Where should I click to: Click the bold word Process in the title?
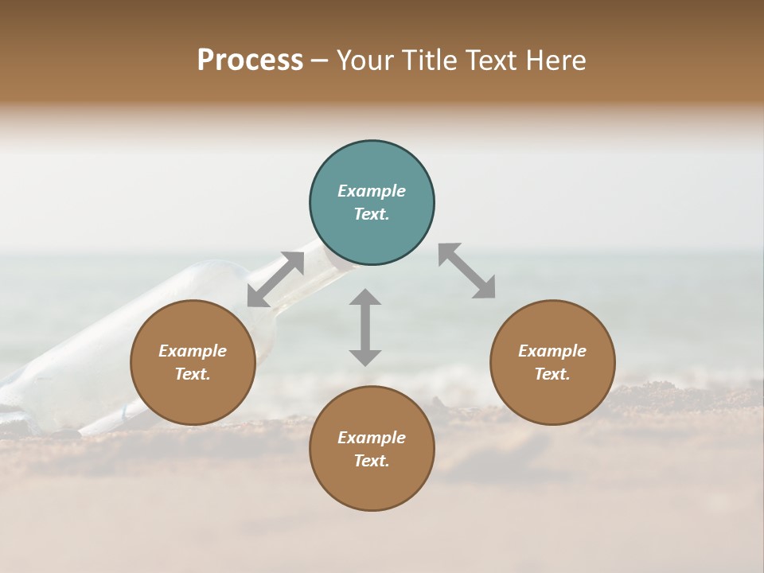tap(250, 60)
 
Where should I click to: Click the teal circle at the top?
tap(372, 202)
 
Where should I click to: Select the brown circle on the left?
tap(193, 362)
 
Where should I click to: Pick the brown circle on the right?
tap(552, 362)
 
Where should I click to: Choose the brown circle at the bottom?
tap(372, 448)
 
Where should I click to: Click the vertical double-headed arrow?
tap(365, 327)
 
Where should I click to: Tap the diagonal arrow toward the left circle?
tap(275, 279)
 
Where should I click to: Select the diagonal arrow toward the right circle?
tap(467, 271)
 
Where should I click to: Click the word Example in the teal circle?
tap(372, 191)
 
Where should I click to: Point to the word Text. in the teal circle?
tap(372, 214)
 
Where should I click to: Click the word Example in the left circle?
tap(193, 351)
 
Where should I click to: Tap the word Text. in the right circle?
tap(552, 374)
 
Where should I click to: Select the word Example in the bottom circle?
tap(372, 438)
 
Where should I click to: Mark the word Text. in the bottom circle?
tap(372, 461)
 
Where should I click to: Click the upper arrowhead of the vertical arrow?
tap(365, 298)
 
